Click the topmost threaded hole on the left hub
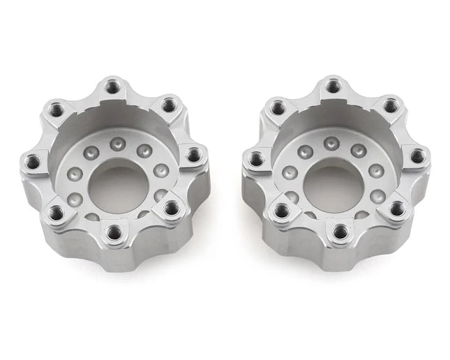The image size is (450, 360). coord(112,87)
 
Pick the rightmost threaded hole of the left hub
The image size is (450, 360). coord(193,154)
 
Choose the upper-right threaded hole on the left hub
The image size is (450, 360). coord(167,105)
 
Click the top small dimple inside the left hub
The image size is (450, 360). coord(118,144)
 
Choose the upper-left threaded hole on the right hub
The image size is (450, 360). coord(278,108)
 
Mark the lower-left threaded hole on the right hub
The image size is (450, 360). coord(282,211)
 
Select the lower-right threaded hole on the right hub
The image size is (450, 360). coord(396,207)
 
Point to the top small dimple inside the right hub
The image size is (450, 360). coord(331,144)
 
